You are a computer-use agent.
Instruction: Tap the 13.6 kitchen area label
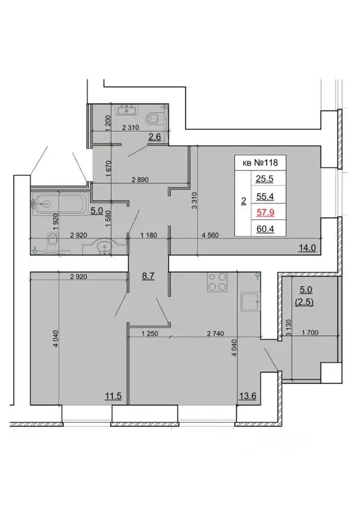(246, 396)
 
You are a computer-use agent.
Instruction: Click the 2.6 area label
(155, 137)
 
